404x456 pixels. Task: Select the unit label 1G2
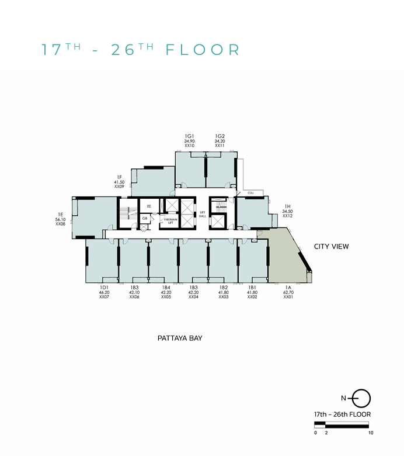coord(220,136)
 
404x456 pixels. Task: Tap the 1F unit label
coord(119,177)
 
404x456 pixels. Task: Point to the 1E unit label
coord(60,215)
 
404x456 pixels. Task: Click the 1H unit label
coord(287,206)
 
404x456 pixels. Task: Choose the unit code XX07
coord(105,297)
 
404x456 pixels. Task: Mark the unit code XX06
coord(134,297)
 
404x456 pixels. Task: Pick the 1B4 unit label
coord(166,288)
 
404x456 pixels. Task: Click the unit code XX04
coord(194,297)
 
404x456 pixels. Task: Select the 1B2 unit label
coord(223,288)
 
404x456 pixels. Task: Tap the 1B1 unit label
coord(252,288)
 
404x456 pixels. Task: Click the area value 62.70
coord(287,292)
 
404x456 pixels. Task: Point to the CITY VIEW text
coord(331,247)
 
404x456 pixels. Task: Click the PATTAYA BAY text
coord(180,338)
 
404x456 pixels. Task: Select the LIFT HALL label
coord(203,214)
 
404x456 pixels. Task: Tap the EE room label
coord(149,206)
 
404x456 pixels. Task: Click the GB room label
coord(145,218)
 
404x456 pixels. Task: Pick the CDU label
coord(250,192)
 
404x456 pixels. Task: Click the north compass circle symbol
coord(362,398)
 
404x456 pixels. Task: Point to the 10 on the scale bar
coord(371,433)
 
